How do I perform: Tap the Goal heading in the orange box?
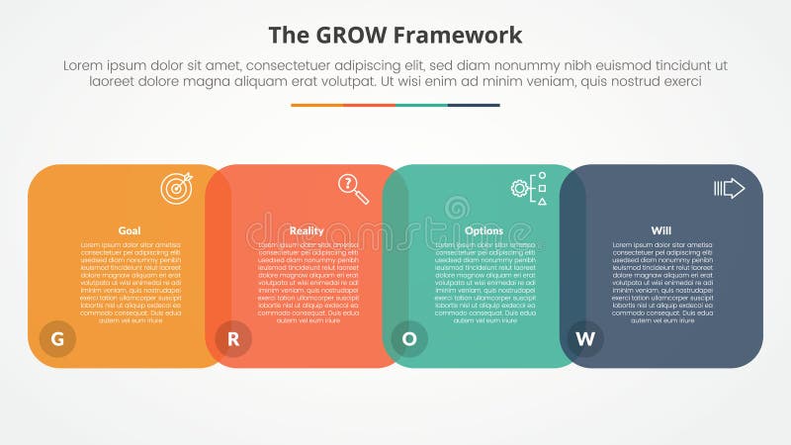[x=130, y=230]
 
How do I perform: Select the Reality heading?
[x=307, y=230]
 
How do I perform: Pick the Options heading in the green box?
[x=483, y=230]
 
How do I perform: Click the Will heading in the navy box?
[x=660, y=230]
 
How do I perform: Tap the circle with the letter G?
[x=57, y=339]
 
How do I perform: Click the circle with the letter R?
[x=234, y=339]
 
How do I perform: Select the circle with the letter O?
[x=409, y=339]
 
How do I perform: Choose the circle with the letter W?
[x=586, y=339]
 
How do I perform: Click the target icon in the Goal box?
[x=177, y=188]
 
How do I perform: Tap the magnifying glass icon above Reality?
[x=353, y=188]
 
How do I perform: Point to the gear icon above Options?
[x=521, y=188]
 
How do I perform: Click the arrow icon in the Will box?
[x=729, y=188]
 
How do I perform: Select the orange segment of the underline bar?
[x=316, y=105]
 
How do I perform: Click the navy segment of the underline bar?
[x=474, y=105]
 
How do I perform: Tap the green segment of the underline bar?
[x=421, y=105]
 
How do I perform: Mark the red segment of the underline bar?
[x=369, y=105]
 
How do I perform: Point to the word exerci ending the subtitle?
[x=680, y=82]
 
